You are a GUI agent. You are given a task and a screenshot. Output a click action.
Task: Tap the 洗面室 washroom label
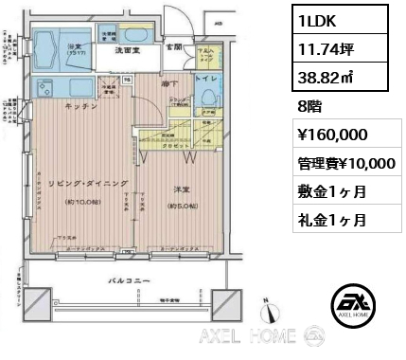click(129, 49)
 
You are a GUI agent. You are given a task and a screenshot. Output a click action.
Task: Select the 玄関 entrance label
click(176, 45)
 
